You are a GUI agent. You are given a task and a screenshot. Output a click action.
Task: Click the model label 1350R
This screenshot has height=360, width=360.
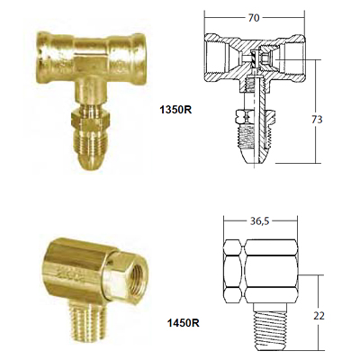coord(175,110)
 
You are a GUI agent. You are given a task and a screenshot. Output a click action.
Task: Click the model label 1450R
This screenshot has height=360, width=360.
coord(184,323)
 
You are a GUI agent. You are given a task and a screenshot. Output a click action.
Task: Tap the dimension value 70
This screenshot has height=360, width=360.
coord(254,18)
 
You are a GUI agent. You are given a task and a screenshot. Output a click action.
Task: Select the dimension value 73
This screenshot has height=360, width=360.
coord(317,120)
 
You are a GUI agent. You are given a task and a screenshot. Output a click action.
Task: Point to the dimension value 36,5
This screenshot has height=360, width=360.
coord(260,221)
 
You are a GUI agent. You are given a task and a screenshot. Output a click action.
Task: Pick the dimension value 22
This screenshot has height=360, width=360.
coord(319,316)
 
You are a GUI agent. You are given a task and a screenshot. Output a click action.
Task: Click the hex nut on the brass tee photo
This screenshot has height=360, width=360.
coord(90,121)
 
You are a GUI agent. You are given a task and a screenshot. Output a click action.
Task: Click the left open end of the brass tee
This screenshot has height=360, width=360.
coord(42,58)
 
